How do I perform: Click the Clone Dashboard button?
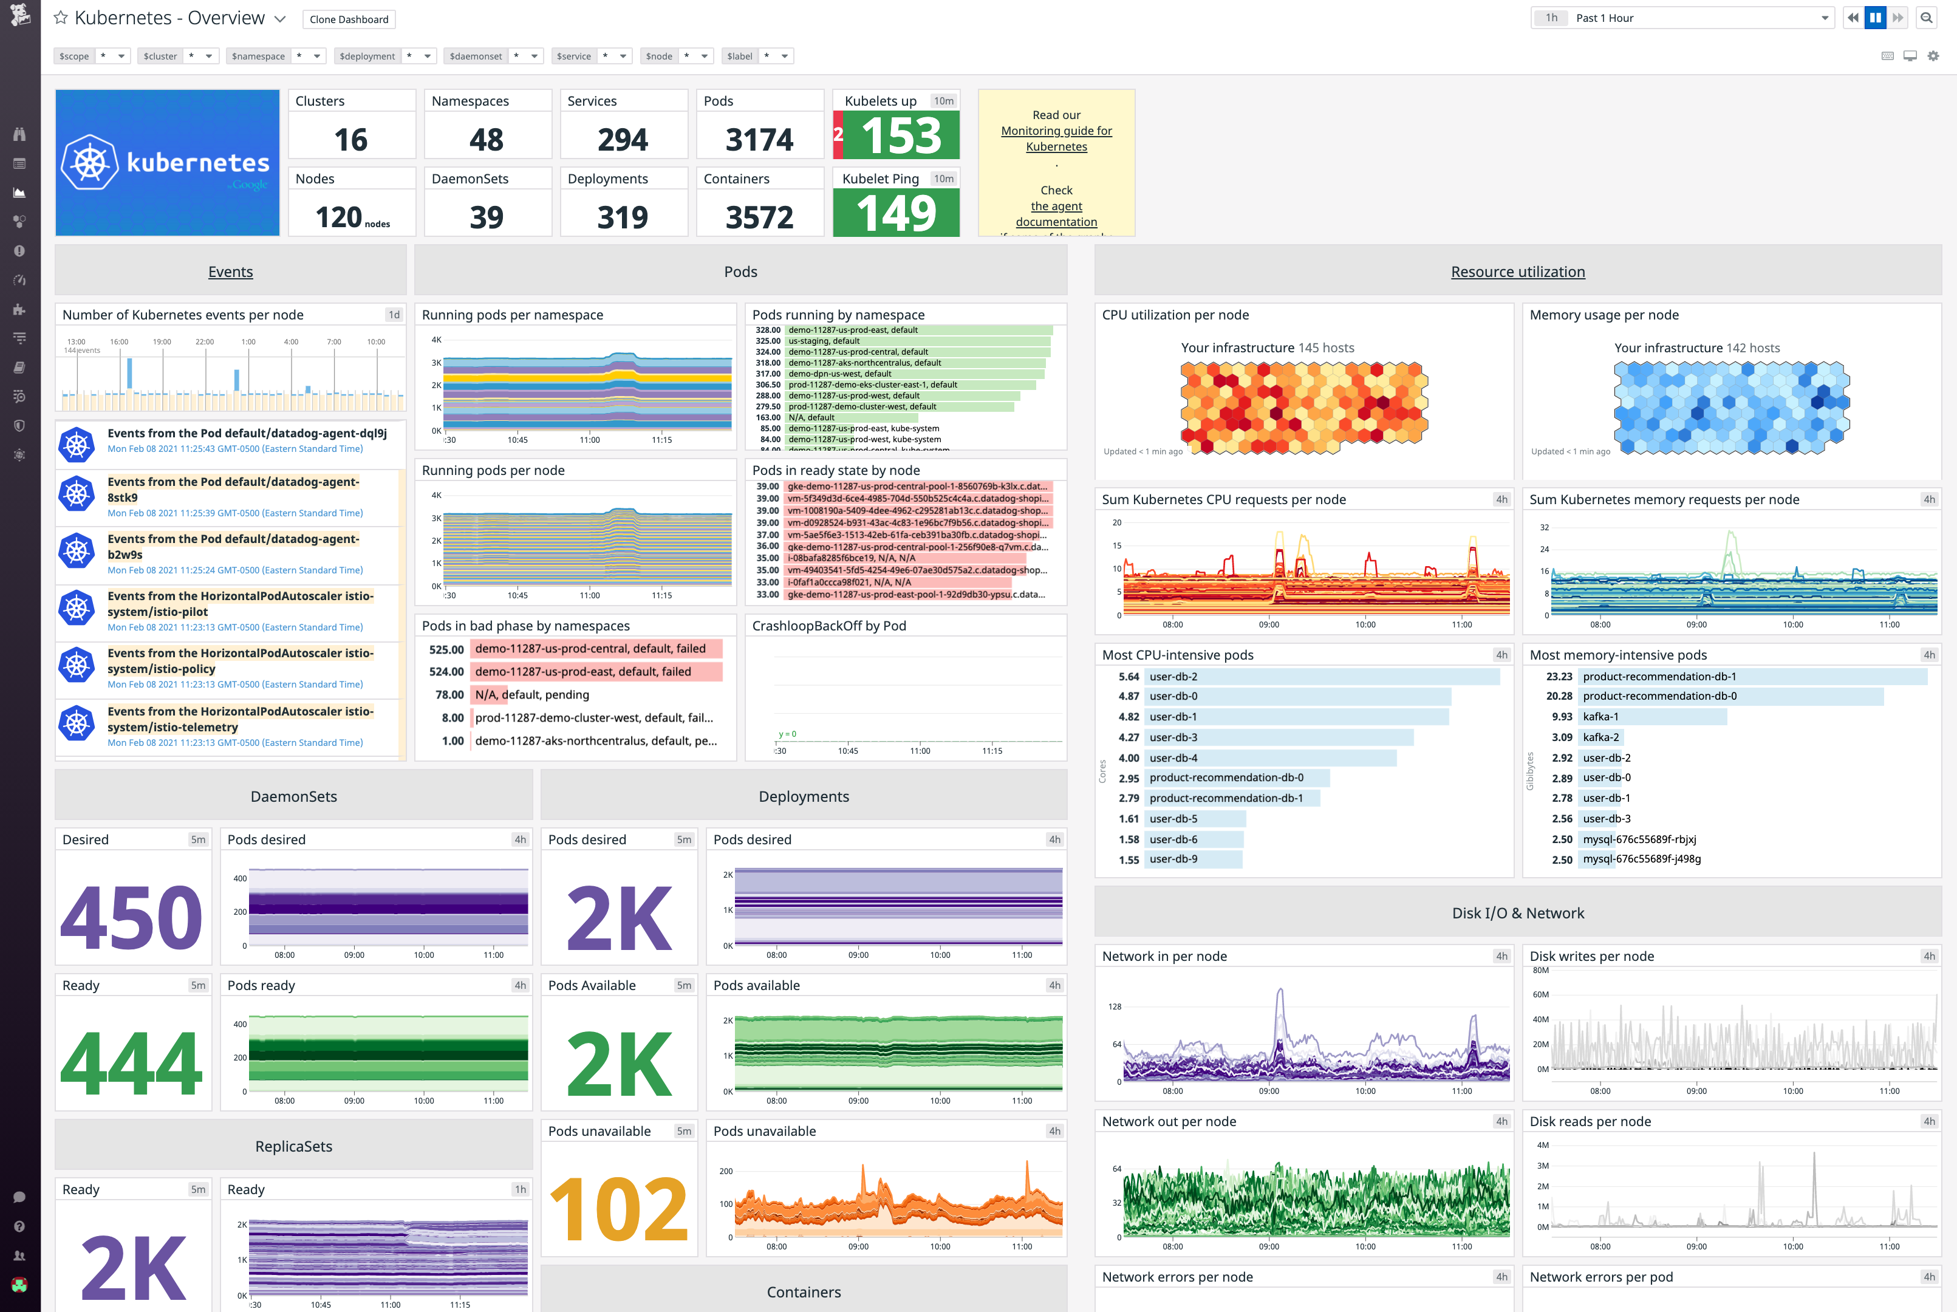tap(349, 19)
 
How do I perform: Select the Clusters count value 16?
tap(350, 139)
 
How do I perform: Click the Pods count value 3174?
tap(759, 139)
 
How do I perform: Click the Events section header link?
tap(230, 272)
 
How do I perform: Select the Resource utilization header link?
tap(1517, 272)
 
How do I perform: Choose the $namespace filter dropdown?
tap(275, 56)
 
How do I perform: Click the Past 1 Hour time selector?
tap(1682, 18)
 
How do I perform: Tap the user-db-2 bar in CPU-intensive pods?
tap(1322, 676)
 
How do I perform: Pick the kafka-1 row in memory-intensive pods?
tap(1653, 716)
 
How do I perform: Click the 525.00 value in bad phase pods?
tap(446, 649)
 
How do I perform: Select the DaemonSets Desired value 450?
tap(131, 917)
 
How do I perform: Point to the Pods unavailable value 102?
tap(618, 1208)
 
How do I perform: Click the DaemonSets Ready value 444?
tap(131, 1062)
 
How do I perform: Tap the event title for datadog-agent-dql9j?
tap(247, 434)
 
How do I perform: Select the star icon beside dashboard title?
tap(60, 18)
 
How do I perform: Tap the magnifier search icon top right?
tap(1926, 18)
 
